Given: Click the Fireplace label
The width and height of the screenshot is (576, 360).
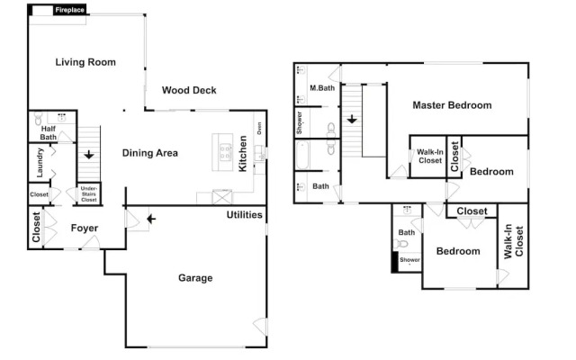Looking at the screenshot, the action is tap(70, 10).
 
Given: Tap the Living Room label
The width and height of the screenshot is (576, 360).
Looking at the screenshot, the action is tap(85, 62).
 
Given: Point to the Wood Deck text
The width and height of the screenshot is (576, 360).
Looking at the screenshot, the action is tap(189, 90).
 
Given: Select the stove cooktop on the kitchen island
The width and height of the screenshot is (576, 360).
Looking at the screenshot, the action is tap(226, 152).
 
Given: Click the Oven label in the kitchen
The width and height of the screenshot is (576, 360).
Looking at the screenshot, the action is tap(259, 128).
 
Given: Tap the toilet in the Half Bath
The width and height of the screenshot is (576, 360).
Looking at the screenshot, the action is tap(38, 118).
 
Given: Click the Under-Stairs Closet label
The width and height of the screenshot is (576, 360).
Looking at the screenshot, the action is tap(89, 194).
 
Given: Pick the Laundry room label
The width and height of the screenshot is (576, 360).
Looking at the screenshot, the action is tap(40, 163).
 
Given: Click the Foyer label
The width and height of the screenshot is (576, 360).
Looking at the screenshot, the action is tap(85, 228).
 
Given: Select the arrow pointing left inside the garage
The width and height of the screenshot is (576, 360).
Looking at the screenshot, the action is tap(151, 220).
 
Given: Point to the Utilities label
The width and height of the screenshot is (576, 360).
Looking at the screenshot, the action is tap(244, 215).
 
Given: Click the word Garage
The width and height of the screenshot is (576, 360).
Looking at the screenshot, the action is tap(195, 278).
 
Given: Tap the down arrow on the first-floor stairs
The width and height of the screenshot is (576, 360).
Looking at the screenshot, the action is tap(88, 155).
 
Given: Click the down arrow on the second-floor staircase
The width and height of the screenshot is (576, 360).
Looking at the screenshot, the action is tap(352, 120).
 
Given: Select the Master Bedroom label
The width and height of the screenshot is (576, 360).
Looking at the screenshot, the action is tap(452, 105).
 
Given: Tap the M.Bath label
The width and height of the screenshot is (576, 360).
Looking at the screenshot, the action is tap(322, 88).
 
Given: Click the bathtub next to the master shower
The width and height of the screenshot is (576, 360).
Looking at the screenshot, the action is tap(302, 155).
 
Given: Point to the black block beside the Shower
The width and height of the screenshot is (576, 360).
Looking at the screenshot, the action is tap(395, 262).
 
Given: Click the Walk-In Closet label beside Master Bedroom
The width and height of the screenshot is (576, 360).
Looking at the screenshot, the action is tap(430, 156).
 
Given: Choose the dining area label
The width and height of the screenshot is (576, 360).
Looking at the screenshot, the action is tap(150, 153).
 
